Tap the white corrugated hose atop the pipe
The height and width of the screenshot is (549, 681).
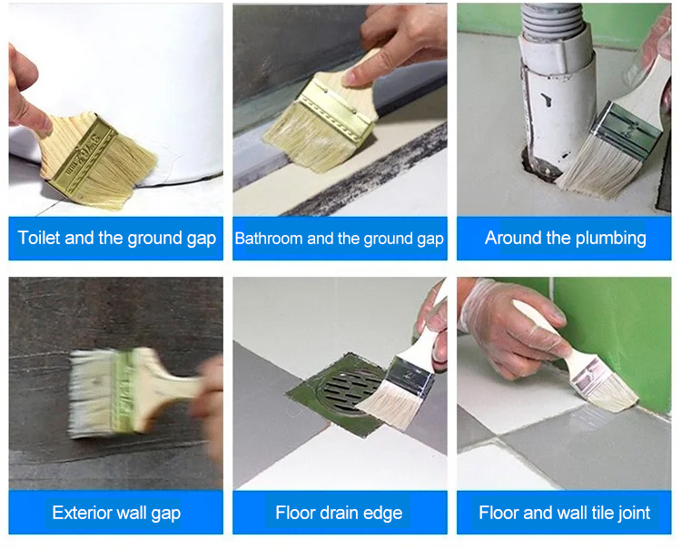[551, 20]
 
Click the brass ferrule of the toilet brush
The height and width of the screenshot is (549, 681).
[84, 157]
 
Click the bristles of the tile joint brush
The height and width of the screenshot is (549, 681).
[614, 396]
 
